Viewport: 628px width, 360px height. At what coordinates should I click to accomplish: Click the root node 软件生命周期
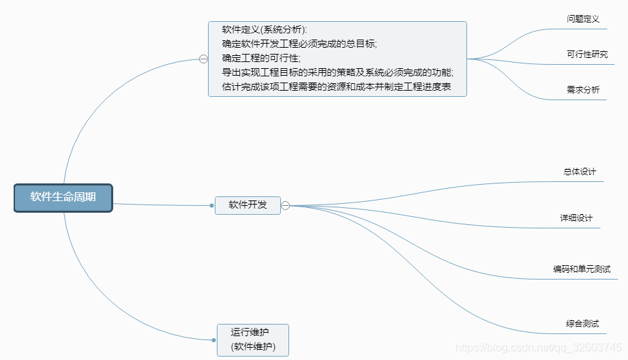click(63, 198)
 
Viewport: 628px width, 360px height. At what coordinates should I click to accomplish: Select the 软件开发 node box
click(248, 205)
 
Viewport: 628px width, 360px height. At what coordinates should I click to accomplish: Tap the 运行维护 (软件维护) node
click(252, 340)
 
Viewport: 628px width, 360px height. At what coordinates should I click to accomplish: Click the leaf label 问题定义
click(583, 18)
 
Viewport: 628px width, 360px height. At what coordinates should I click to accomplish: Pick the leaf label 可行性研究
click(587, 54)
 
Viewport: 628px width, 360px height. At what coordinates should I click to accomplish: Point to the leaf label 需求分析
click(583, 89)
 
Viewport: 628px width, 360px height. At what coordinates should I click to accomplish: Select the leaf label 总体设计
click(580, 171)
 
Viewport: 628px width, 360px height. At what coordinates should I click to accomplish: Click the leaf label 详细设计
click(576, 217)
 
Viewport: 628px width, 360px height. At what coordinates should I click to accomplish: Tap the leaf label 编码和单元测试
click(582, 269)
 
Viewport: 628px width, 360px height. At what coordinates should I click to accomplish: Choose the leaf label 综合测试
click(582, 322)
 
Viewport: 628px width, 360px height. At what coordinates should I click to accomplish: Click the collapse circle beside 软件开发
click(286, 205)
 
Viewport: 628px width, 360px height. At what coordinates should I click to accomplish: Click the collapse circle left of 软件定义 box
click(203, 59)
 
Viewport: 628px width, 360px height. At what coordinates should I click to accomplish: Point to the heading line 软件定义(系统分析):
click(265, 29)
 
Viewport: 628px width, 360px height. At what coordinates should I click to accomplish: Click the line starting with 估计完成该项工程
click(336, 87)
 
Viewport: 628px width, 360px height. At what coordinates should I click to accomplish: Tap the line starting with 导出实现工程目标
click(338, 72)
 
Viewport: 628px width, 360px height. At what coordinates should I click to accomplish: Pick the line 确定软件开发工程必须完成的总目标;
click(299, 44)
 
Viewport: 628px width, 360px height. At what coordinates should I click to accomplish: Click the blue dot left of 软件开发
click(213, 205)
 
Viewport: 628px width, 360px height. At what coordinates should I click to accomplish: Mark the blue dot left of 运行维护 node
click(213, 339)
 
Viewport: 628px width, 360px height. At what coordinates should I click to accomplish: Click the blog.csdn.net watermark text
click(539, 348)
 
